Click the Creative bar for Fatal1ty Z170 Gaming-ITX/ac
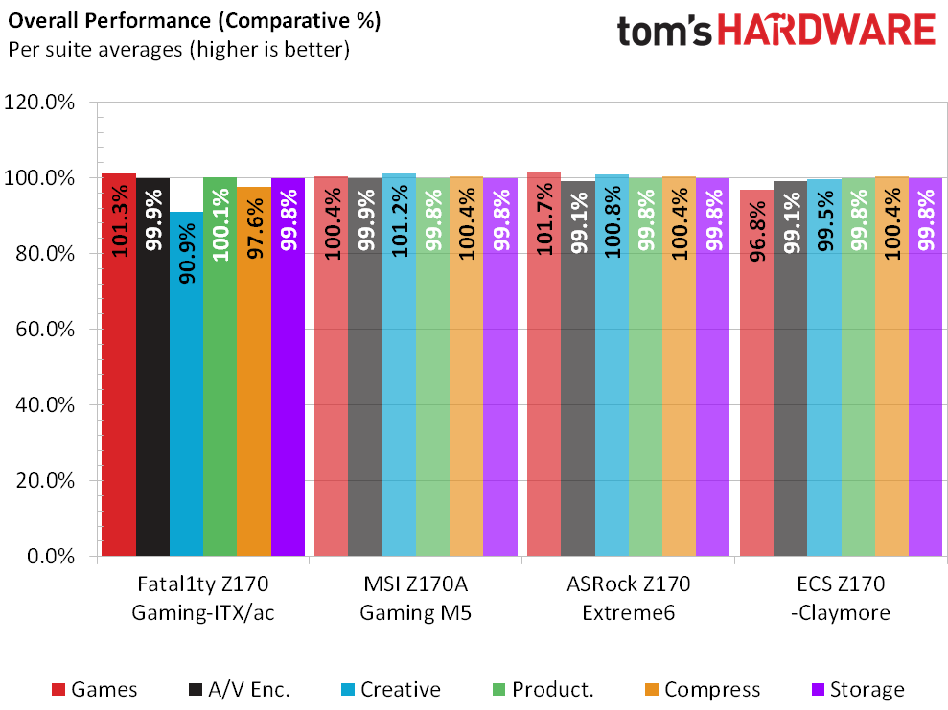pos(186,383)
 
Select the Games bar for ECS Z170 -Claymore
pos(756,373)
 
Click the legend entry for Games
pos(94,690)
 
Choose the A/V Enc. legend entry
pos(235,690)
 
